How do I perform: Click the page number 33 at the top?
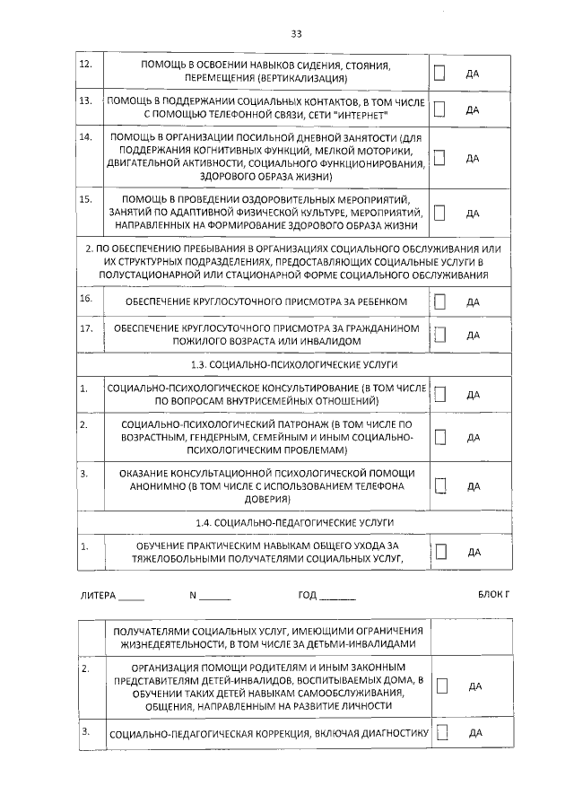tap(296, 33)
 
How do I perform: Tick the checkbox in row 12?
tap(439, 72)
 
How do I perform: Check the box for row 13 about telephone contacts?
tap(439, 109)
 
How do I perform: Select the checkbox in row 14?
tap(439, 157)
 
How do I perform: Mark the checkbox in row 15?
tap(439, 213)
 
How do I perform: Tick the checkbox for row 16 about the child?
tap(439, 301)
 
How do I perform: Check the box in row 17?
tap(439, 335)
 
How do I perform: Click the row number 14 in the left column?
tap(86, 137)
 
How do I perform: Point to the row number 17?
tap(86, 328)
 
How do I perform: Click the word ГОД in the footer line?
tap(307, 596)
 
